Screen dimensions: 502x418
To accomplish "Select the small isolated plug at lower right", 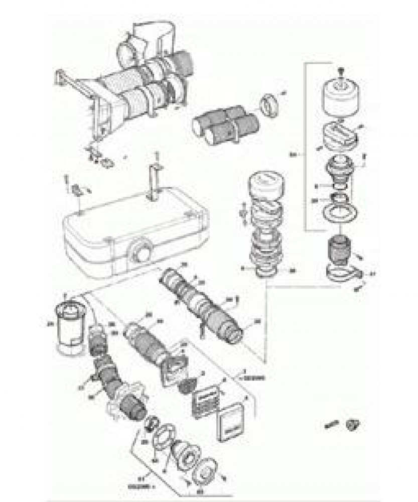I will click(x=354, y=426).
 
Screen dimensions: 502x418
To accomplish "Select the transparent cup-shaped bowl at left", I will click(x=71, y=326).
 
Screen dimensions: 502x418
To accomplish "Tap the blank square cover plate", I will click(x=231, y=420).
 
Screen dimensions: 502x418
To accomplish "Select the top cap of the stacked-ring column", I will click(x=268, y=185).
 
